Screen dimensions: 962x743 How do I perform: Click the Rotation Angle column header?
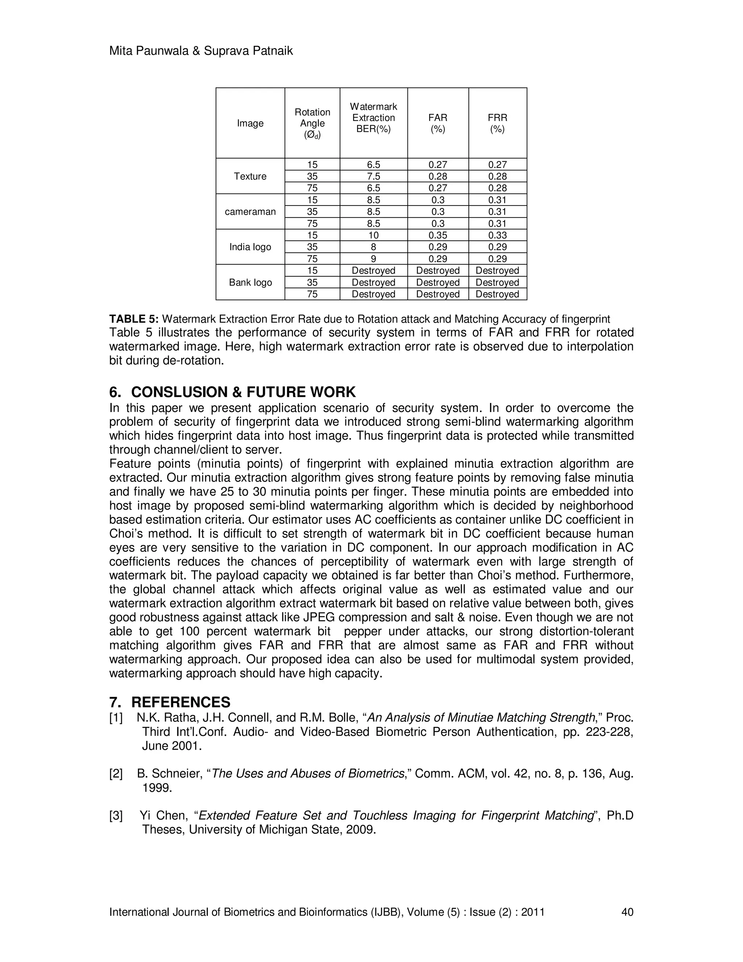(x=312, y=123)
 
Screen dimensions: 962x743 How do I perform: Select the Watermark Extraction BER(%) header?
(x=373, y=118)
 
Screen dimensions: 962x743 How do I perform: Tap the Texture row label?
(x=250, y=176)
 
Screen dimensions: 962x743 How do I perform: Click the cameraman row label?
(x=250, y=211)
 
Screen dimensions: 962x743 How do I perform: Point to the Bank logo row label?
(x=250, y=282)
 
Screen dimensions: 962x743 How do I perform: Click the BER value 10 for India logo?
(x=373, y=235)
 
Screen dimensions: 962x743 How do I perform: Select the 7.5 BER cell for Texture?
(x=373, y=176)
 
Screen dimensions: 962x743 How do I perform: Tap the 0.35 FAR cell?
(x=438, y=235)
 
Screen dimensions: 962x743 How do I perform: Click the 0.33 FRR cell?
(x=497, y=235)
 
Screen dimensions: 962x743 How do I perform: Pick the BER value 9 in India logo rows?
(x=373, y=259)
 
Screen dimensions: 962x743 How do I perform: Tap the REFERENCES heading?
(x=180, y=702)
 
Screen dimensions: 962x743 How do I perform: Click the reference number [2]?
(x=116, y=774)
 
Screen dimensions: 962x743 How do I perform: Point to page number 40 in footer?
(x=627, y=912)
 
